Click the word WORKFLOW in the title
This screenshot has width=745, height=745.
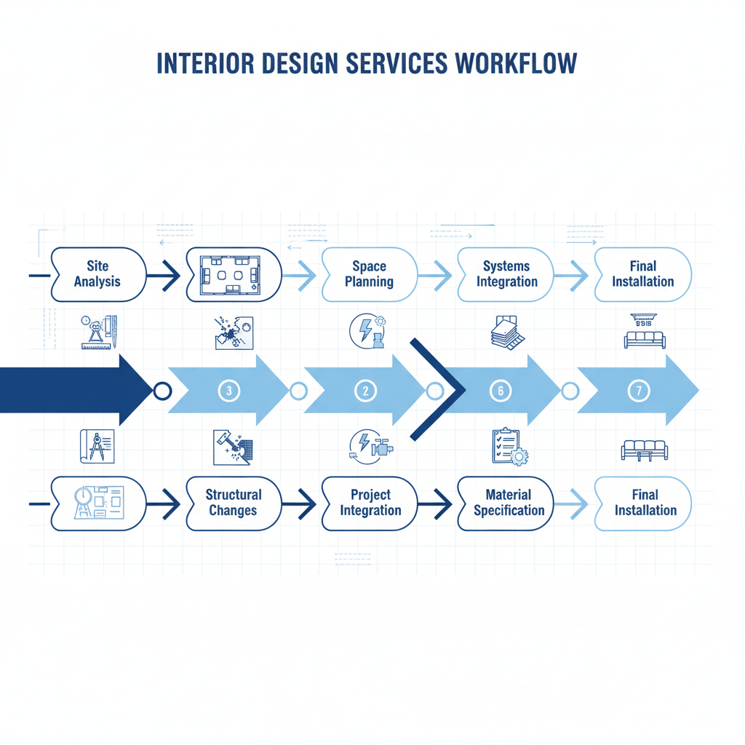[516, 63]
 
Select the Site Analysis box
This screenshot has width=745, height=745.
[97, 274]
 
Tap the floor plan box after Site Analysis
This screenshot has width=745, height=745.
[234, 274]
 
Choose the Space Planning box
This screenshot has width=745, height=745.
[369, 274]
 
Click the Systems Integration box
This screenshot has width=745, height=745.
[506, 274]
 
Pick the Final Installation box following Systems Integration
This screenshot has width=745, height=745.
[642, 274]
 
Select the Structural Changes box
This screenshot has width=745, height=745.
[234, 503]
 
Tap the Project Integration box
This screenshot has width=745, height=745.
[370, 503]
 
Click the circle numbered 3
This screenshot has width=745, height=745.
[228, 391]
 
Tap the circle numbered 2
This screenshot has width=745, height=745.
[365, 391]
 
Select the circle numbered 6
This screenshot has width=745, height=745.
[501, 391]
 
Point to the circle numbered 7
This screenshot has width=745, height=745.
[639, 391]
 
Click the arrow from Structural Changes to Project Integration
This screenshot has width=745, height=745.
[300, 501]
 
